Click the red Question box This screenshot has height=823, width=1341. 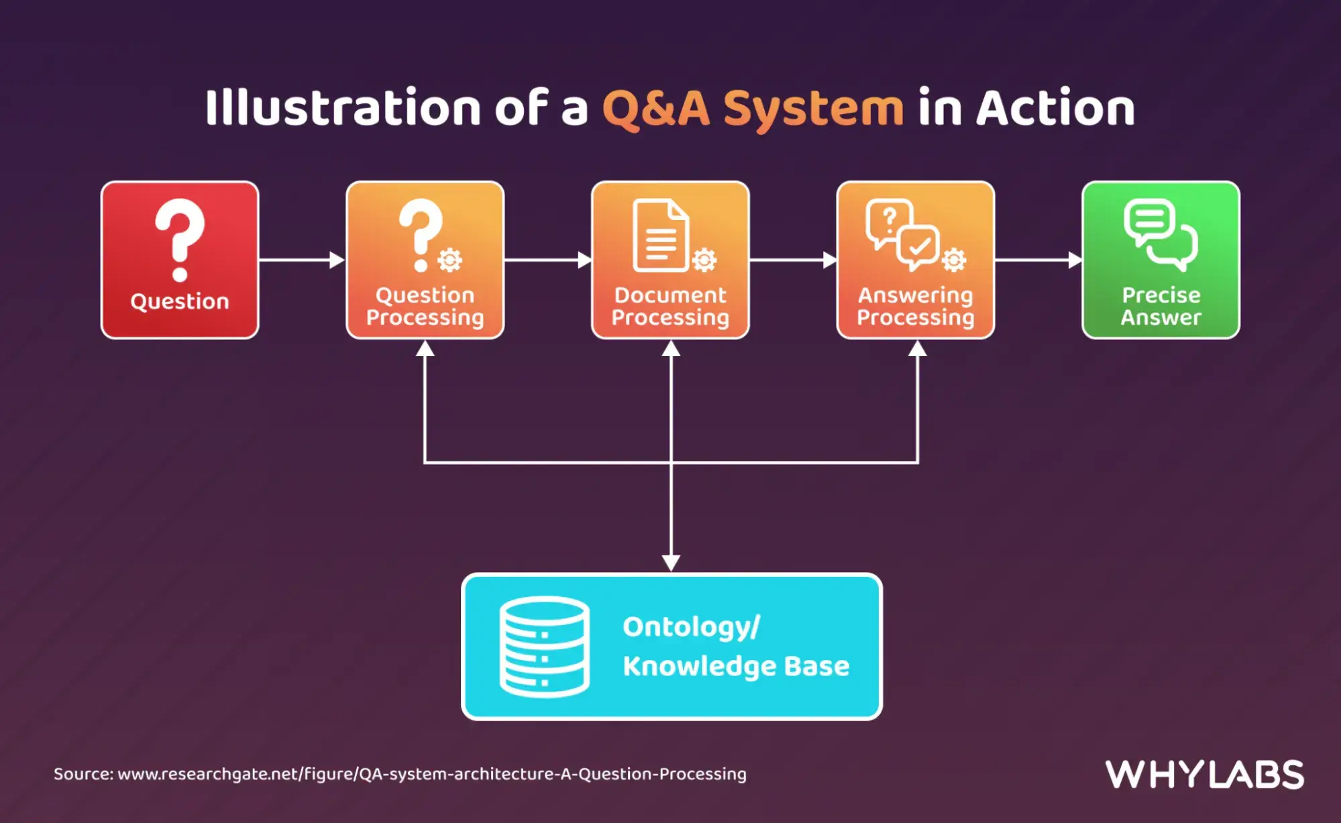click(180, 260)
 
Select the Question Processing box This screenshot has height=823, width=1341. click(425, 260)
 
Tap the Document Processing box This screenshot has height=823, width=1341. click(671, 260)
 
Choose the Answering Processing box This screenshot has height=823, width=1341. click(916, 260)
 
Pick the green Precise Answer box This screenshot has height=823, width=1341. click(1161, 260)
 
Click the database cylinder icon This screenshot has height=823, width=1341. click(545, 647)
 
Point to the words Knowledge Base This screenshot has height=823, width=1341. click(736, 667)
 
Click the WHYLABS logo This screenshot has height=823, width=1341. click(1205, 775)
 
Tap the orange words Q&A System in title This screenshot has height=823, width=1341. click(753, 108)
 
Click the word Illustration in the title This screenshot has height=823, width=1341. click(343, 107)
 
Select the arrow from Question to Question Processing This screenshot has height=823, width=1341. click(302, 260)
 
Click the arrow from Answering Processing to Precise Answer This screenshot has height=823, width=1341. click(1038, 260)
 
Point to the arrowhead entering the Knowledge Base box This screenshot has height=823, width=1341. click(671, 563)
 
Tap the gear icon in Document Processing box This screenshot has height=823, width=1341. click(704, 260)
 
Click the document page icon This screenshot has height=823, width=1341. click(661, 235)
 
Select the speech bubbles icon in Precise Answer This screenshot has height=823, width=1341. click(1161, 235)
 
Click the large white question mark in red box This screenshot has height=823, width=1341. click(180, 240)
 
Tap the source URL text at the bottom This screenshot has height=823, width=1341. click(400, 774)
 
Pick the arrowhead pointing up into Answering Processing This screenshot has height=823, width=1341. click(918, 349)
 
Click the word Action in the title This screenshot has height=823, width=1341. click(1055, 107)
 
